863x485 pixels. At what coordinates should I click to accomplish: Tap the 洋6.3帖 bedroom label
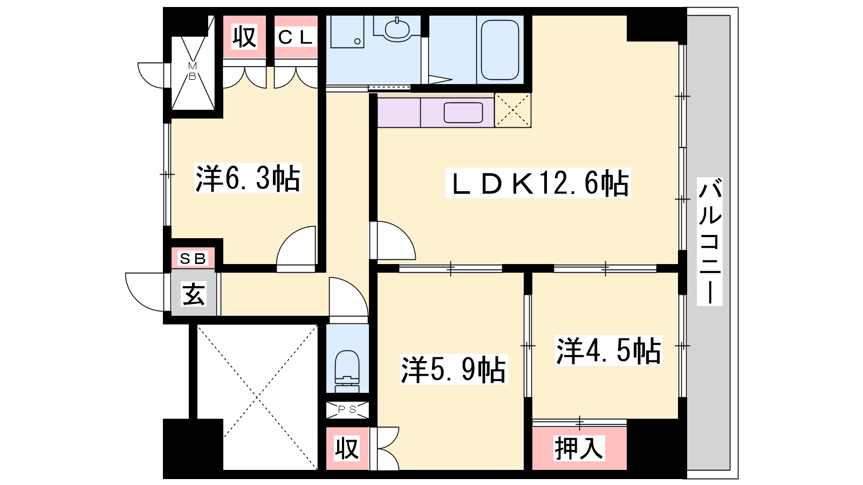point(248,178)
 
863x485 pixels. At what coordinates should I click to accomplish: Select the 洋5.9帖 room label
point(453,370)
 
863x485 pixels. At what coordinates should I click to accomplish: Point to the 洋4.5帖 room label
point(608,351)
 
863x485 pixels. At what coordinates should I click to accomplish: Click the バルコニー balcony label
point(709,241)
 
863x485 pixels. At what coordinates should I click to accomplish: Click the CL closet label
point(295,37)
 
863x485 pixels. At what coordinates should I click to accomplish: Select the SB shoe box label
point(193,259)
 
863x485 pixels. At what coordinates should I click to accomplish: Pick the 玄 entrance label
point(194,294)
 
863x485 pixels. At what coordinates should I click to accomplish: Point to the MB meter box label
point(193,71)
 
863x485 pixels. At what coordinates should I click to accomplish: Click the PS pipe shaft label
point(347,410)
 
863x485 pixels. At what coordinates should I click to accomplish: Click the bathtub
point(500,50)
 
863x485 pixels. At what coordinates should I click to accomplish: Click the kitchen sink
point(463,113)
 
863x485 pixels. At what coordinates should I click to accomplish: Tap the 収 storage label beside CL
point(244,37)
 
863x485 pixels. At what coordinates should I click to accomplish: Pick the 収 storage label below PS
point(347,448)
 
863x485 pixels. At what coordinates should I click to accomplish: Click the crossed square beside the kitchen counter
point(512,110)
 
